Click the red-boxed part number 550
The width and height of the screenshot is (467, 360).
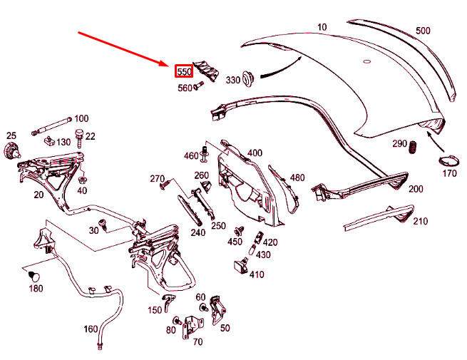pos(184,71)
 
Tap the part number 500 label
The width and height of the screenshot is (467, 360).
pos(424,31)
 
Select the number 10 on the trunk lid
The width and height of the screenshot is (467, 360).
pos(322,27)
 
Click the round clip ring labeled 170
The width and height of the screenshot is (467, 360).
pos(446,159)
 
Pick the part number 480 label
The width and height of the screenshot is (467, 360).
pos(297,178)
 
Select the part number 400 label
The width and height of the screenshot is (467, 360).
pos(255,153)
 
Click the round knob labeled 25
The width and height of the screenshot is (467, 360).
pos(11,150)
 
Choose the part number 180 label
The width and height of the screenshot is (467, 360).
pos(36,288)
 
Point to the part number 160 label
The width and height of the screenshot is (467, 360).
pos(91,329)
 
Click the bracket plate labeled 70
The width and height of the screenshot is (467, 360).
pos(191,328)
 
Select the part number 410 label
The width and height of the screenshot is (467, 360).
pos(257,274)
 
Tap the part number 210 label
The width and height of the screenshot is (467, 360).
pos(420,221)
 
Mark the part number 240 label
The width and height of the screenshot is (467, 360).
pos(198,232)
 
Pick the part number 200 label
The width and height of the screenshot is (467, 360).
pos(416,188)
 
